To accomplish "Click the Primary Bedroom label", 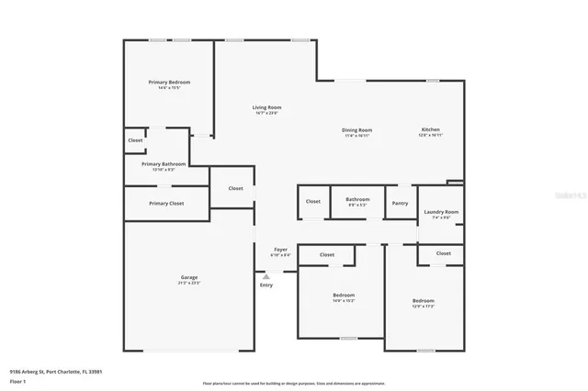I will click(170, 83).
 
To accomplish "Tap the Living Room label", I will click(266, 108).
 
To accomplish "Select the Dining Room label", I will click(357, 130).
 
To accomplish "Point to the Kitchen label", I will click(431, 130).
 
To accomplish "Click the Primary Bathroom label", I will click(164, 164).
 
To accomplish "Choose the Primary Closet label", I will click(166, 203).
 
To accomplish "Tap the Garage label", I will click(189, 277).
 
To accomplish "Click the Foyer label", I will click(281, 250).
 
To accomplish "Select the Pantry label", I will click(400, 203).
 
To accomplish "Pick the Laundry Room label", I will click(441, 212).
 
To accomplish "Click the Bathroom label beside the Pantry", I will click(357, 199).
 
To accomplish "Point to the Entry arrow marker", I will click(266, 275).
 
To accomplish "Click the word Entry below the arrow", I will click(266, 285).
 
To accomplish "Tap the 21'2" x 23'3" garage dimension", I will click(189, 283).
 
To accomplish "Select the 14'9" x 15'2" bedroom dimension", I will click(344, 300).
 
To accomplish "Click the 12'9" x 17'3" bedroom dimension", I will click(423, 307).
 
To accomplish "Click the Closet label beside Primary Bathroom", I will click(135, 140).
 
